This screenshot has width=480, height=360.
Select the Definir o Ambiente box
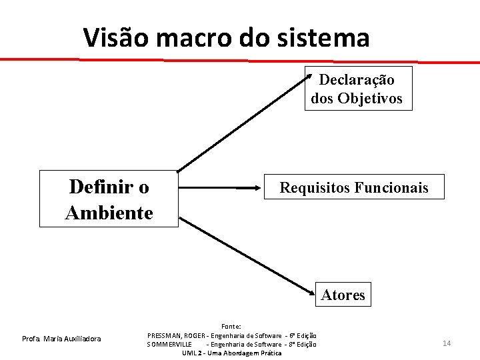109,199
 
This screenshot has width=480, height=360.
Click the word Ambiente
109,213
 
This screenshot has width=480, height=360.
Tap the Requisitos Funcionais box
354,187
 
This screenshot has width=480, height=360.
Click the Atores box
343,294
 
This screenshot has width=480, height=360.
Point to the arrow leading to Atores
247,257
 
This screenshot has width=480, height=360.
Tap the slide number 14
447,343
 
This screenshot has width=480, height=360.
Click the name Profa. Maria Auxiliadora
61,339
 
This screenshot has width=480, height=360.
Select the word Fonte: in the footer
231,326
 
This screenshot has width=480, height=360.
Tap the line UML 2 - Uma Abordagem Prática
231,353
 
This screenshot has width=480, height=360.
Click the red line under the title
240,60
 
